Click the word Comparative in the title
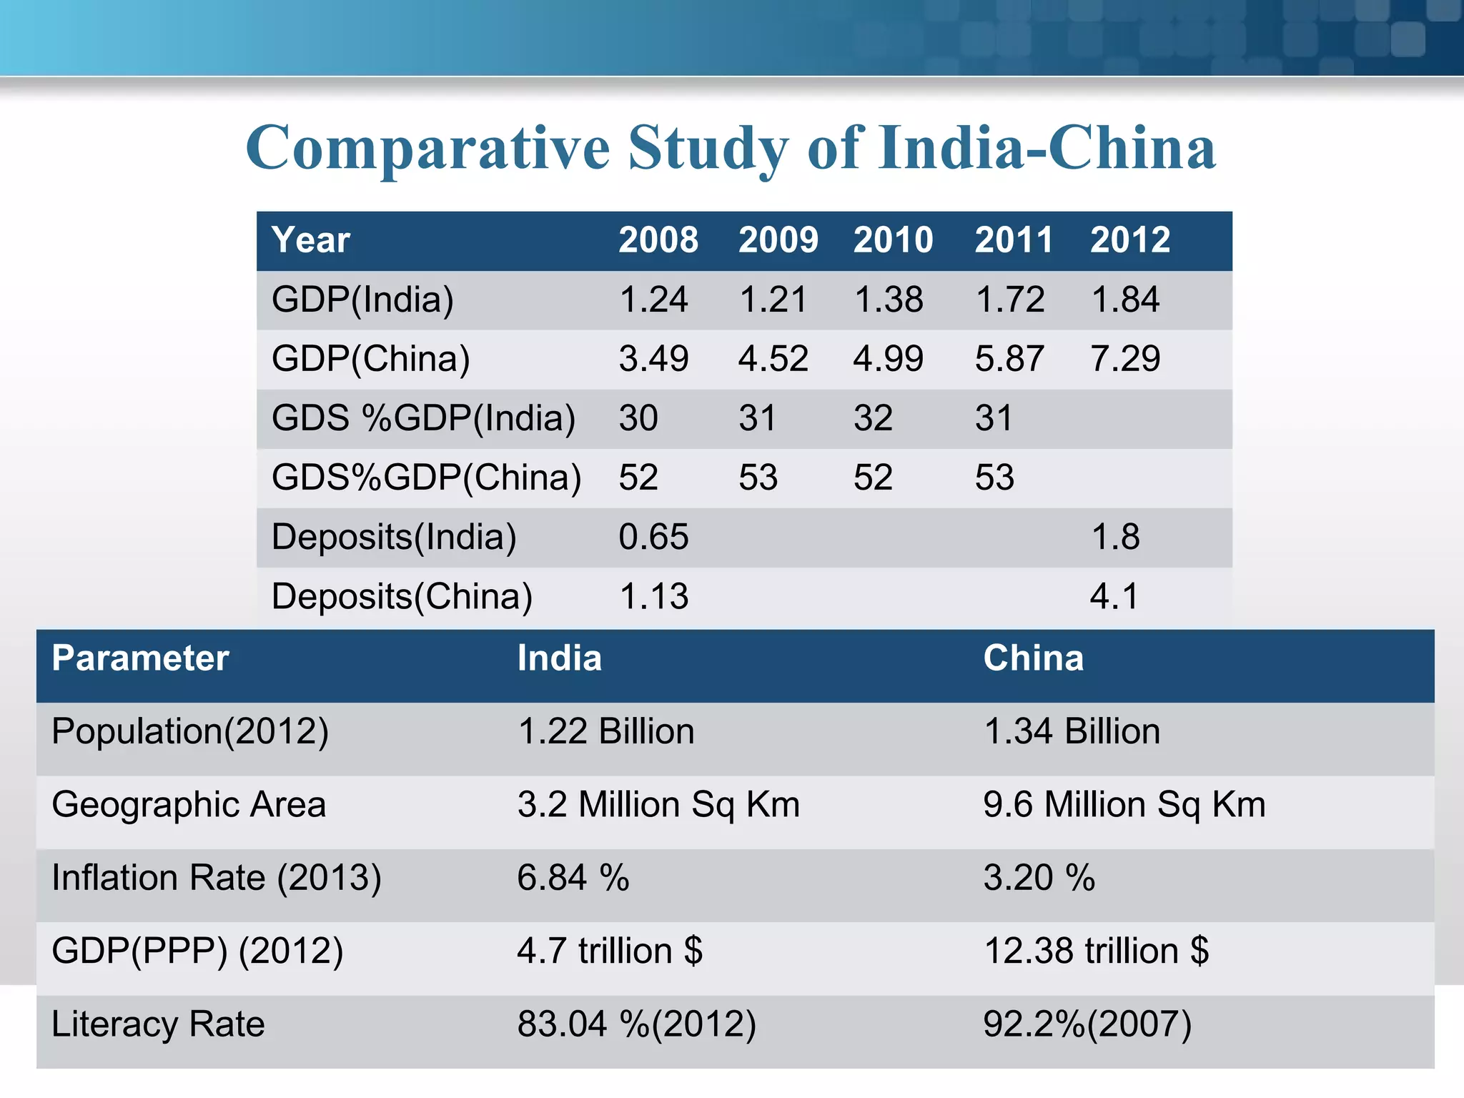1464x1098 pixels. click(427, 149)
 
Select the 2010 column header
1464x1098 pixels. click(893, 240)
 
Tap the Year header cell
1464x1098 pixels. click(311, 240)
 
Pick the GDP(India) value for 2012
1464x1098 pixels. click(1125, 300)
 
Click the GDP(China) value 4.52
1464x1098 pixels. click(773, 359)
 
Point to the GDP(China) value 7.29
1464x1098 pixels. click(1125, 359)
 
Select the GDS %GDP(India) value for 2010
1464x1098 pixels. click(873, 418)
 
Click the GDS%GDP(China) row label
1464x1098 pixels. click(426, 478)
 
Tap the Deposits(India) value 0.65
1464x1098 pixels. click(653, 537)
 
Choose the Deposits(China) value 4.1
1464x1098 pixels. click(1114, 596)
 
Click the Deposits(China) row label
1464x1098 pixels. click(402, 596)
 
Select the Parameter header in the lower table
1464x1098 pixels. click(140, 658)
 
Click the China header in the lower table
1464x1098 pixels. click(1033, 658)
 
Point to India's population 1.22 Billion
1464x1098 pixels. click(605, 732)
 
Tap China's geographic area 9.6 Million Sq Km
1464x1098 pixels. click(1124, 805)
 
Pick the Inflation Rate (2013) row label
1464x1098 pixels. click(217, 878)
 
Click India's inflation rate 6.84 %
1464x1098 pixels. click(573, 878)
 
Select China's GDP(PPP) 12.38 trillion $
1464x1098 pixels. click(1096, 951)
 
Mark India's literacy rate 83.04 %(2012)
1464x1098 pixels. click(636, 1024)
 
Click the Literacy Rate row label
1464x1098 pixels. click(158, 1024)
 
